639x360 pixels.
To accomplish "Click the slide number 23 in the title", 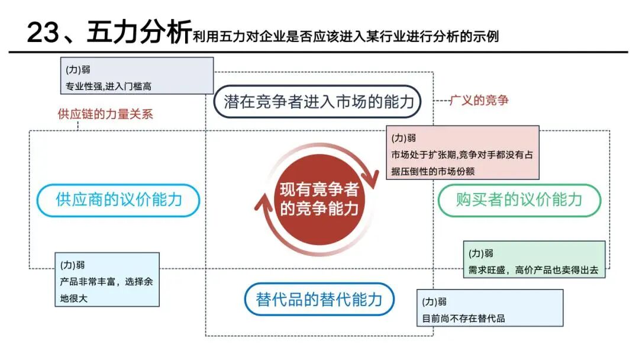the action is (43, 32).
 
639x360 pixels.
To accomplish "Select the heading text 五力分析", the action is (139, 31).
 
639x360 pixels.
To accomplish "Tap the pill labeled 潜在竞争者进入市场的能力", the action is (317, 101).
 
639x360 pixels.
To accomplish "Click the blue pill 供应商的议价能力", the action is (118, 200).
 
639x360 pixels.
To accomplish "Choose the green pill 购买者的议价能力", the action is (519, 200).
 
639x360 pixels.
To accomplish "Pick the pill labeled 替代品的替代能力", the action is (319, 299).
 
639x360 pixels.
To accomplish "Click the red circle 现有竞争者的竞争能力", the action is (319, 200).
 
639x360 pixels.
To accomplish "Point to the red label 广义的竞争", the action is (479, 100).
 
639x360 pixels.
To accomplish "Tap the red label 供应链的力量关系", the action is (105, 114).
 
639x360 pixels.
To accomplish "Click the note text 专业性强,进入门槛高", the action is (108, 86).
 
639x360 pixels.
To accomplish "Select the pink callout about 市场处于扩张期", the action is (463, 153).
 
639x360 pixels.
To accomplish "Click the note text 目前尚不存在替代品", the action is (463, 319).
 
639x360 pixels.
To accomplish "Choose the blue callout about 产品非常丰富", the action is (107, 279).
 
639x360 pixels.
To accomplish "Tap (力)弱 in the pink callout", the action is (404, 138).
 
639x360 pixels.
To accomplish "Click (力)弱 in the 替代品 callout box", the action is (434, 302).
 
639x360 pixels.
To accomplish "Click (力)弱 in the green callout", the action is (480, 253).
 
